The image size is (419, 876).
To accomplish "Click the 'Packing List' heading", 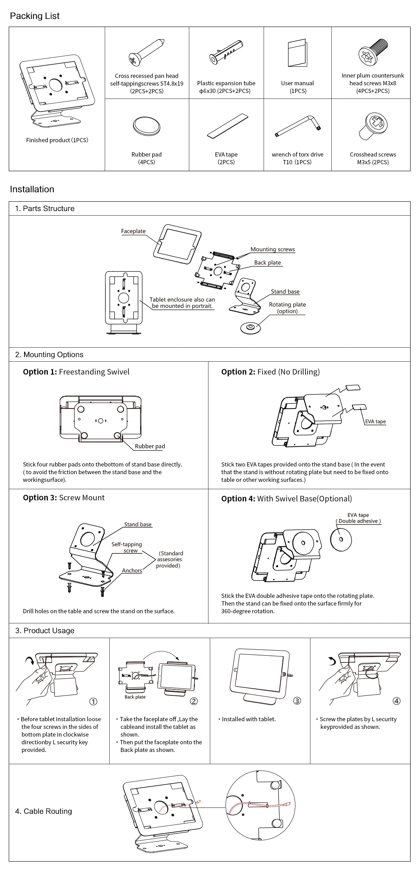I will (x=35, y=16).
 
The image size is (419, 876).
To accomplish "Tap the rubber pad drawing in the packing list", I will (x=147, y=126).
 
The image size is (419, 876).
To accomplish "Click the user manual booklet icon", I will (x=297, y=53).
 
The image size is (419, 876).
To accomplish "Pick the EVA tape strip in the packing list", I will (x=227, y=125).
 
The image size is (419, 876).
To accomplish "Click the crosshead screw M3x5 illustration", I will (x=373, y=126).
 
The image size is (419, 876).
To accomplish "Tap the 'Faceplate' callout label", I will (x=133, y=231).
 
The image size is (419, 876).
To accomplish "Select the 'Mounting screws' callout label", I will (x=273, y=249).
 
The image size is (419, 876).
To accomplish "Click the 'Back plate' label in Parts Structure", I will (x=267, y=263).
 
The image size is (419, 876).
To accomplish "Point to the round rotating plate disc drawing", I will (x=251, y=328).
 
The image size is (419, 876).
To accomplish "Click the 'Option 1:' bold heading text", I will (x=40, y=372).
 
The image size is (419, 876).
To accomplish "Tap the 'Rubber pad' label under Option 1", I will (x=150, y=446).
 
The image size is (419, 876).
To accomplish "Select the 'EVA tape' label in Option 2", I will (x=375, y=421).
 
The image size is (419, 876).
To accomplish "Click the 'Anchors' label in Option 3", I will (x=132, y=571).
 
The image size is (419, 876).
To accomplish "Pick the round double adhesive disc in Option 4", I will (x=341, y=540).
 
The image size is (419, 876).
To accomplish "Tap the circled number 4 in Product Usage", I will (x=396, y=701).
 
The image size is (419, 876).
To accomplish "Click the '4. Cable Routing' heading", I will (x=43, y=811).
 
